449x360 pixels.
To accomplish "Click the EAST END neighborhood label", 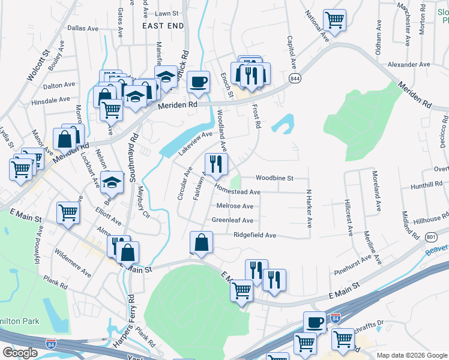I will coord(163,26).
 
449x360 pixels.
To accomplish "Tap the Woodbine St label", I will coord(274,178).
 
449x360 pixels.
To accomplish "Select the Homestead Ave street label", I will coord(238,192).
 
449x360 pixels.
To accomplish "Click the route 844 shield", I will coord(295,79).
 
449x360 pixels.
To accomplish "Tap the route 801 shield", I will coord(431,237).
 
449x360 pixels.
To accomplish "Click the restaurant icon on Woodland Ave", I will coord(216,163).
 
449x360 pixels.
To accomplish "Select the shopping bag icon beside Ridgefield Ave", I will coord(202,242).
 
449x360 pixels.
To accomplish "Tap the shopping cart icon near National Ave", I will coord(334,19).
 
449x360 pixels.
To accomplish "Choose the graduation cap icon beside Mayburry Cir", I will coord(112,182).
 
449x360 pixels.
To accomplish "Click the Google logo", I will coord(20,353).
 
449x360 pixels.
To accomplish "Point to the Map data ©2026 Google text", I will coord(411,355).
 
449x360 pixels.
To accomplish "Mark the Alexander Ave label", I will coord(409,64).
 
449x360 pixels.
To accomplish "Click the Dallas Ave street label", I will coord(83,28).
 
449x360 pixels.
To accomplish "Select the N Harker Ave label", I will coord(309,209).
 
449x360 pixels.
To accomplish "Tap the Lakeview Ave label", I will coord(195,144).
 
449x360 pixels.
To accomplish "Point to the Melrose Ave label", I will coord(235,206).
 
